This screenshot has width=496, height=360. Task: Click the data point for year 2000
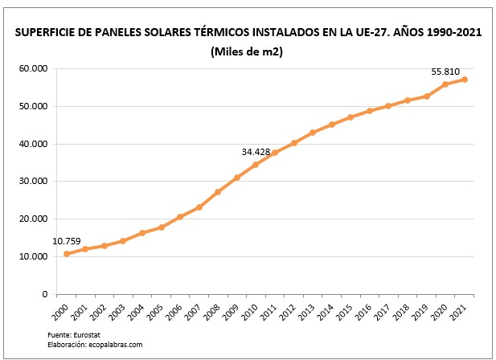66,254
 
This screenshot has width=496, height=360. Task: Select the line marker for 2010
256,165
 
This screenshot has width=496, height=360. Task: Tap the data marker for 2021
464,80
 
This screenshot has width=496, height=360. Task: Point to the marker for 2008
218,192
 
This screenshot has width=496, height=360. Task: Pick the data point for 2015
350,117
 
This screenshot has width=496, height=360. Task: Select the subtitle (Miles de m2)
248,52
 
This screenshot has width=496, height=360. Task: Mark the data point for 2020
445,84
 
